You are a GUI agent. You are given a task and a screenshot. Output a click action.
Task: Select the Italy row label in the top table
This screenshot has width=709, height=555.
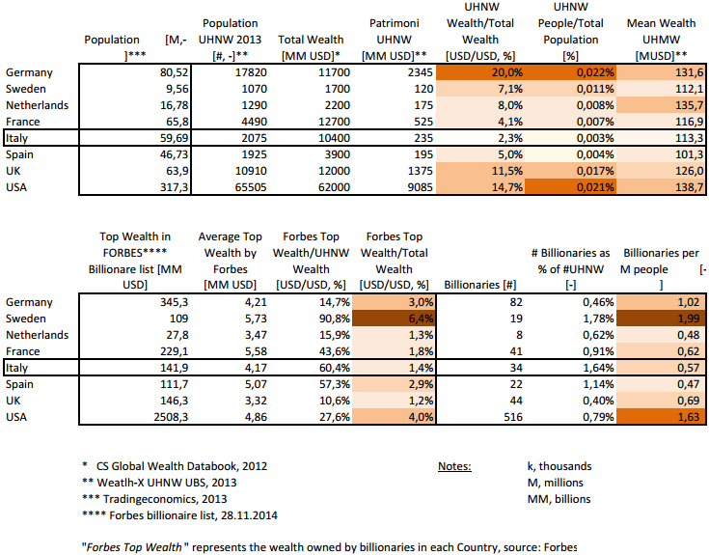pos(18,137)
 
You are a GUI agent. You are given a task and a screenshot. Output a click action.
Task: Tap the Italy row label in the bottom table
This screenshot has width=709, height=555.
pos(18,367)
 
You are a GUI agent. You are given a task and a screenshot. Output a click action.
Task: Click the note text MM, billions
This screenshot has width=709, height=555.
pos(552,499)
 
